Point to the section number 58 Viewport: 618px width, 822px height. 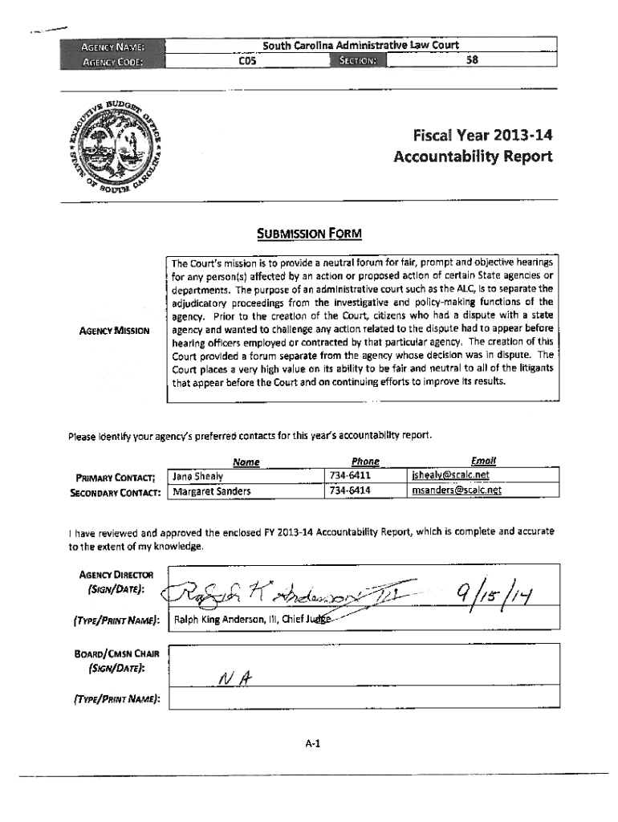[x=472, y=59]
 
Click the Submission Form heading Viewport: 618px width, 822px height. [x=308, y=234]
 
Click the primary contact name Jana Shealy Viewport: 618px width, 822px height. [x=197, y=475]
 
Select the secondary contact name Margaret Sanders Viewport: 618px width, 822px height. [x=212, y=490]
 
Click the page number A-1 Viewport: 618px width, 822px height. [x=312, y=743]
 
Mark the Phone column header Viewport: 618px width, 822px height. [x=365, y=462]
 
